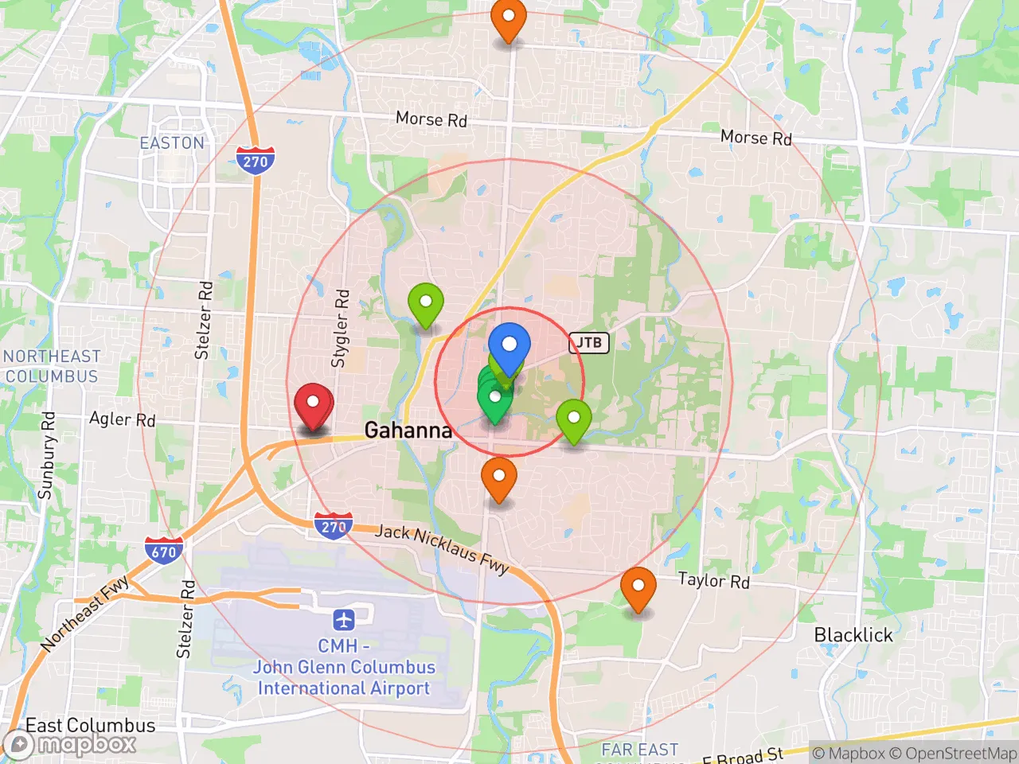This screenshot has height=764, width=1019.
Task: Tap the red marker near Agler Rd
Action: tap(313, 404)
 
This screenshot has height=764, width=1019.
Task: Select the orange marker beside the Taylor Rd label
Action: tap(638, 587)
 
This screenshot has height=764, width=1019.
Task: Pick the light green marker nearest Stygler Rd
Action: tap(426, 303)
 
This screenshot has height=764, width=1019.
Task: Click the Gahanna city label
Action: tap(408, 431)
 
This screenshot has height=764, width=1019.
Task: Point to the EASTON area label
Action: tap(172, 143)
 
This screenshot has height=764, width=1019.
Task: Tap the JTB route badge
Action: tap(589, 343)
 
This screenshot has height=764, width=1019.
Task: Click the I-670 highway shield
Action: tap(164, 551)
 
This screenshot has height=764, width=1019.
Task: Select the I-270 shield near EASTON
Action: tap(256, 161)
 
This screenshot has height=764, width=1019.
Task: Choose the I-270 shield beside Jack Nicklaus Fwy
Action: tap(333, 526)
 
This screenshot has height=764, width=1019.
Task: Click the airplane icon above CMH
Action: tap(344, 619)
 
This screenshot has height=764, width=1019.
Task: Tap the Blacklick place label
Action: tap(853, 635)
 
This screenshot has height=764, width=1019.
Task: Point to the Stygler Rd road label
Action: tap(341, 328)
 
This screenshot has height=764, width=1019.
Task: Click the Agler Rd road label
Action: tap(122, 419)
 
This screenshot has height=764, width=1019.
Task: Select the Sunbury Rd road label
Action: tap(47, 455)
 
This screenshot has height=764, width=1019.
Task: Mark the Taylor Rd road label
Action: tap(713, 580)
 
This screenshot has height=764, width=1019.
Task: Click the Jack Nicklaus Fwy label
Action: tap(442, 548)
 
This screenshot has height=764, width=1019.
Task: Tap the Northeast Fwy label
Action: tap(86, 613)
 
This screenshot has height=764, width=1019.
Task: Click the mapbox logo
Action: tap(72, 744)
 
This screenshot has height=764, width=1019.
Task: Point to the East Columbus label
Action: tap(91, 725)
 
